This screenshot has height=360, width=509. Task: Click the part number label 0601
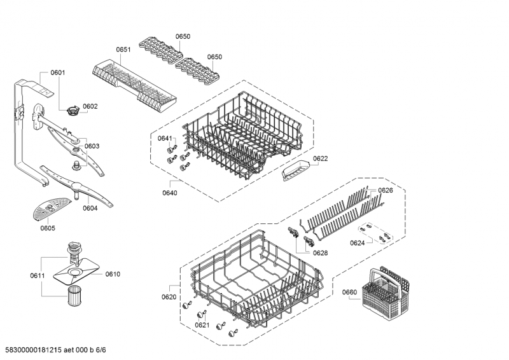58,73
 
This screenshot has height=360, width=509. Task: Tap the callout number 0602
90,106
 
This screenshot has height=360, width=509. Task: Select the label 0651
123,50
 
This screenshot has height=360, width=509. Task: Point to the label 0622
321,158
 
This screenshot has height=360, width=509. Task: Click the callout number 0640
170,193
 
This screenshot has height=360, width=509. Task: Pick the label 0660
349,292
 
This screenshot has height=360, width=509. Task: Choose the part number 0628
321,253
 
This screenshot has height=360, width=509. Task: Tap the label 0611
38,275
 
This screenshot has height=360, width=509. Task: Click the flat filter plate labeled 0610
76,271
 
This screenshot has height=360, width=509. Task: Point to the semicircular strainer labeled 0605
51,209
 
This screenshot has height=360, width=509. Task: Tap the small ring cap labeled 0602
73,111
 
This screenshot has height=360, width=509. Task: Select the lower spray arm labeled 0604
77,186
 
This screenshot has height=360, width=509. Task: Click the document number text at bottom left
55,350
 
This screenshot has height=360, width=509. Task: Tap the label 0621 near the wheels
202,325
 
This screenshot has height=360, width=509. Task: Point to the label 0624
357,243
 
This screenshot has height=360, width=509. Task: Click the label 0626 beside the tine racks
386,190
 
